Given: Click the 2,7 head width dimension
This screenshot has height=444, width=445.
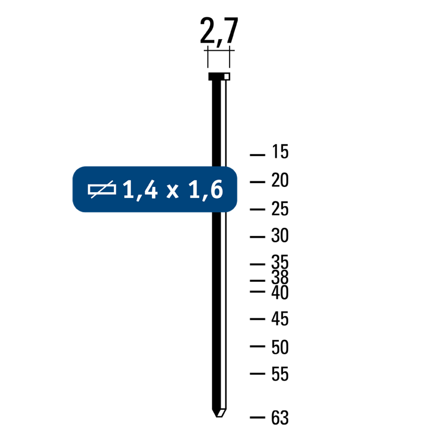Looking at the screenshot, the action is pos(219,30).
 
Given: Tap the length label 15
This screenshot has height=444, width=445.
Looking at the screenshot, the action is pos(280,151).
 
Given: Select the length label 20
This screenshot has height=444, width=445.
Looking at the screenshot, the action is pos(280,180).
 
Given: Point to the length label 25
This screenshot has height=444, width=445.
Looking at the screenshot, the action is pos(280,209).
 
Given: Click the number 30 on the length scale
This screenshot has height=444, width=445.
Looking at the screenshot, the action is pos(280,235).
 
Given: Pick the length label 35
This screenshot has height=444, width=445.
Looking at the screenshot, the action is pos(280,262).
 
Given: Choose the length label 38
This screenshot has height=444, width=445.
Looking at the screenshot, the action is pos(280,277).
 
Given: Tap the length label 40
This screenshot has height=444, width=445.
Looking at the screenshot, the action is pos(280,292).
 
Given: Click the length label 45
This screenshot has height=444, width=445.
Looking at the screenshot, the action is pos(280,319).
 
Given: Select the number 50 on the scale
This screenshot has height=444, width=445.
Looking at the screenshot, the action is pos(280,347).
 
